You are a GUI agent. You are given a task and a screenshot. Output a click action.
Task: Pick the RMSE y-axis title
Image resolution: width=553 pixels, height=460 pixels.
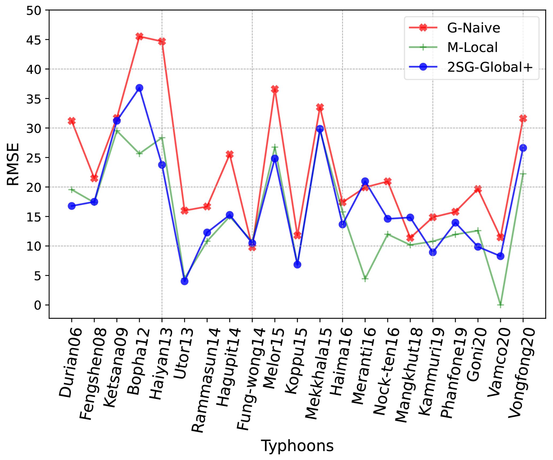[x=13, y=164]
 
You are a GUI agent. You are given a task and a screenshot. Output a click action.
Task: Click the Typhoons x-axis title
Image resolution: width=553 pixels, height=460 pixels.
[x=297, y=446]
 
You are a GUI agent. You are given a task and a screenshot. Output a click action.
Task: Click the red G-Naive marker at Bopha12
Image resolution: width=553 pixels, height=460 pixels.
[x=139, y=36]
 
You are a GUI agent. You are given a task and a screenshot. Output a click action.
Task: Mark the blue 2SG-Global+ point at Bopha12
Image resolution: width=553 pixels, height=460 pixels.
[x=139, y=88]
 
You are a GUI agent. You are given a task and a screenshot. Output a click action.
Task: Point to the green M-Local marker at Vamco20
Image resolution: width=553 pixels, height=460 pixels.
[x=501, y=305]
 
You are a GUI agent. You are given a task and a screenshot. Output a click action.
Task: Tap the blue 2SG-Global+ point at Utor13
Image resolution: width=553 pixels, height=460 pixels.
[x=184, y=281]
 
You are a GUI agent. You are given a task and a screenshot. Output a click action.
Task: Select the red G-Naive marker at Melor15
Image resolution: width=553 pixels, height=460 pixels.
[x=275, y=89]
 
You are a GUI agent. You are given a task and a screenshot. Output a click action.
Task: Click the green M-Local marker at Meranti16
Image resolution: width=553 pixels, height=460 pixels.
[x=365, y=279]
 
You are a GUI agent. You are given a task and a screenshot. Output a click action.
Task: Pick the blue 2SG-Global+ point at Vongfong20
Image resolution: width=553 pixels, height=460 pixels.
[x=523, y=148]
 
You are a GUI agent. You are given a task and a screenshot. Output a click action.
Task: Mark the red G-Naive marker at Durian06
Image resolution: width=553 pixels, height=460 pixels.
[x=71, y=121]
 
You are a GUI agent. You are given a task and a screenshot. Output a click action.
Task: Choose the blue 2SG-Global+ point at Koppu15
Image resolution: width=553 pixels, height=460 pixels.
[x=297, y=265]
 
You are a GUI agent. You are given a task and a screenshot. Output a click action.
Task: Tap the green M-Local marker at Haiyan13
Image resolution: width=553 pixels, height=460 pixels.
[x=162, y=138]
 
